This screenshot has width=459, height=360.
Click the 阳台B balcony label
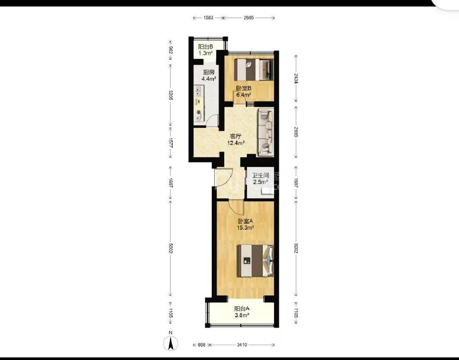click(205, 47)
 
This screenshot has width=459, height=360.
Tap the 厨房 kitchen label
click(209, 72)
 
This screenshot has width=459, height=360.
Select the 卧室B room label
click(244, 88)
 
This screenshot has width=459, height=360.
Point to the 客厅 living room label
click(236, 136)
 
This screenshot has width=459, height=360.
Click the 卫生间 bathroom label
click(261, 175)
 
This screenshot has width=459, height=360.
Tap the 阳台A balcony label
click(242, 309)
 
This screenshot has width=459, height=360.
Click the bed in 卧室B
click(254, 70)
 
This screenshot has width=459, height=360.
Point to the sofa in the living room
click(266, 132)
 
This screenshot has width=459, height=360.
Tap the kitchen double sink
click(199, 91)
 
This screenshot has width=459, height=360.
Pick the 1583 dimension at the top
click(208, 18)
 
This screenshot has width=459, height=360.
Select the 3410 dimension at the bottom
click(242, 345)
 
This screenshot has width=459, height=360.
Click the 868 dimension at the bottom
click(201, 345)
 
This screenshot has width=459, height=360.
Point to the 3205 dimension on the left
click(171, 95)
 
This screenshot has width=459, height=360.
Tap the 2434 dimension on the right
click(296, 78)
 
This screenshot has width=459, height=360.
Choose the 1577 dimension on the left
click(171, 143)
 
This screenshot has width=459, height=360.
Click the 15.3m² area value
click(246, 227)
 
